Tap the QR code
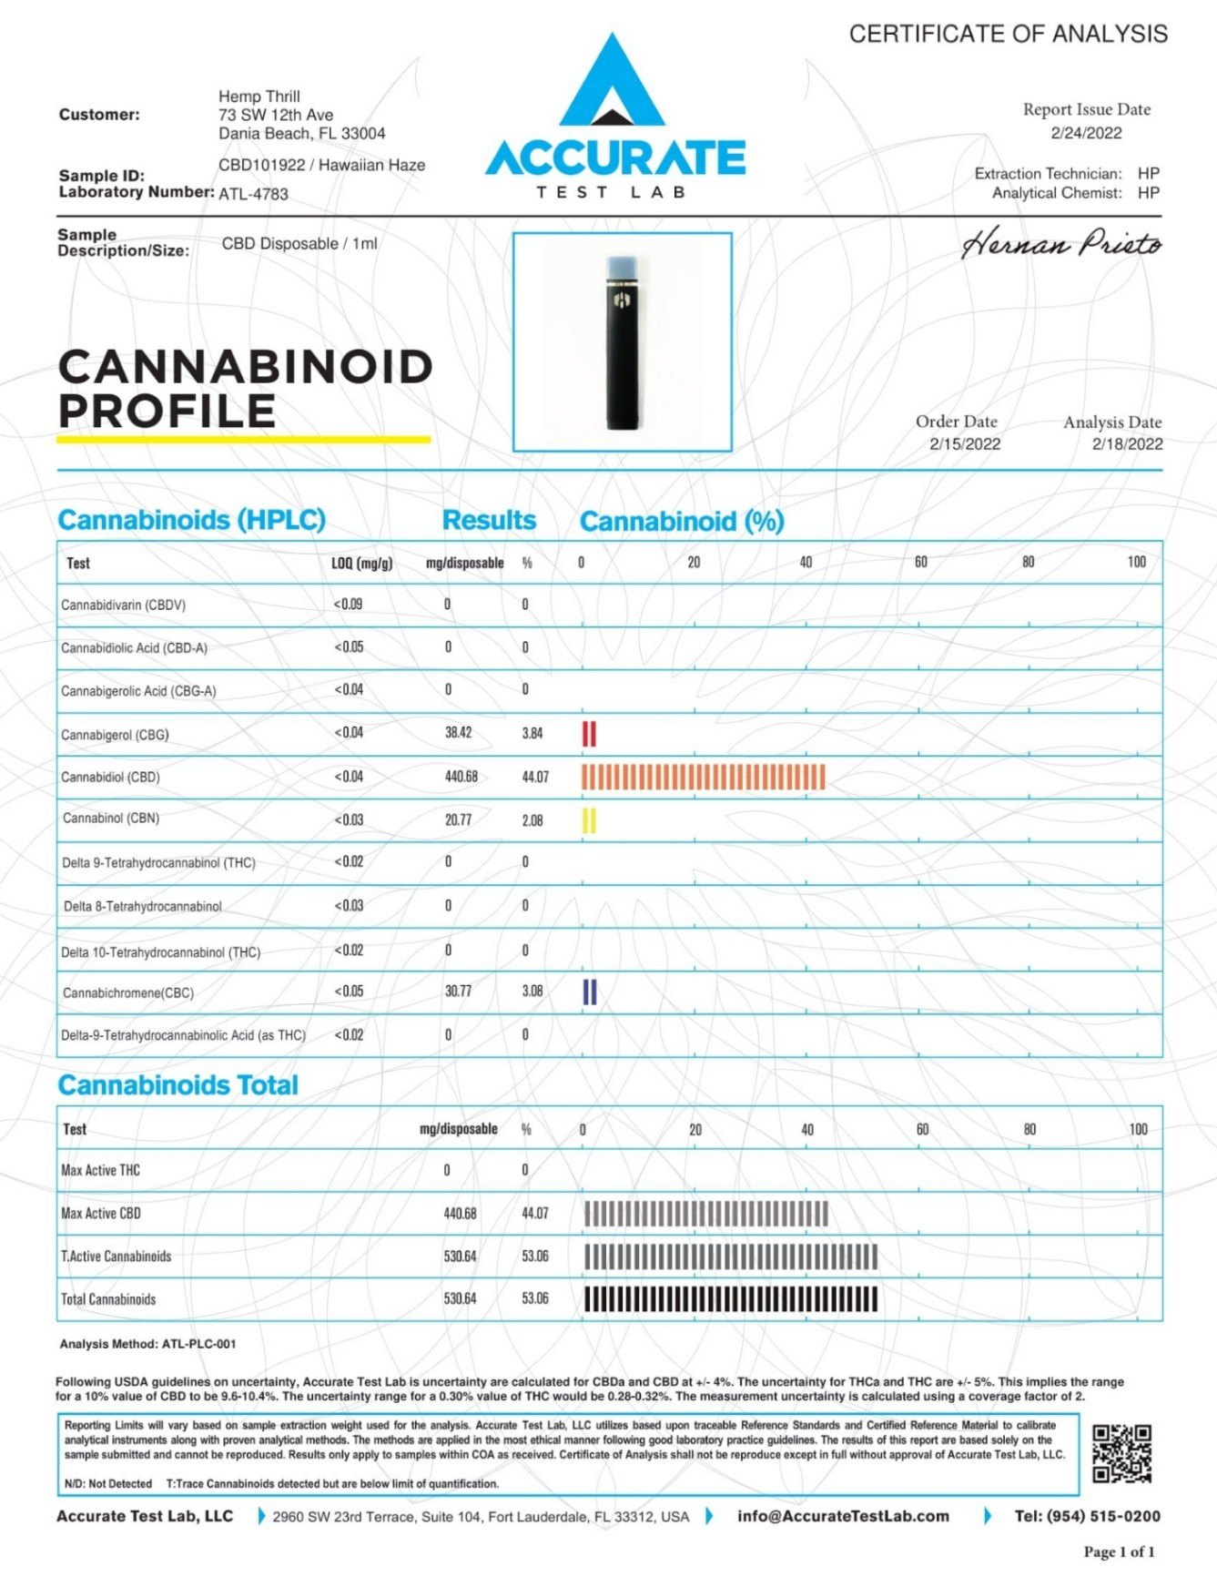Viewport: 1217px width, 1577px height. point(1121,1453)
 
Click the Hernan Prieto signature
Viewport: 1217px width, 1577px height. point(1060,244)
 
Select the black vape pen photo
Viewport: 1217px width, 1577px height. point(623,342)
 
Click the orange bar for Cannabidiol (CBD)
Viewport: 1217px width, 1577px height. point(703,777)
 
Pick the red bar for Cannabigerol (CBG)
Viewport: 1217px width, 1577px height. point(589,734)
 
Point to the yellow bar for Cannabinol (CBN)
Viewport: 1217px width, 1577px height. point(589,820)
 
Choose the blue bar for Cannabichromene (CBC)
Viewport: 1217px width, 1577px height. point(589,992)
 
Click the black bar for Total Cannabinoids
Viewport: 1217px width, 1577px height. point(730,1299)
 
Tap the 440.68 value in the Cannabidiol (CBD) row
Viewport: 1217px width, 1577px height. point(461,777)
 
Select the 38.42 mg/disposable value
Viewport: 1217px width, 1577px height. point(458,733)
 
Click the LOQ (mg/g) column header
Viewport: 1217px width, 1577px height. point(361,564)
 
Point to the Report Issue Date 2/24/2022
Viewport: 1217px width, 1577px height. point(1086,133)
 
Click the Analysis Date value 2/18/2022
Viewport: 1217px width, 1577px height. point(1127,444)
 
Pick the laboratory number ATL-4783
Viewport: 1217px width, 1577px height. point(253,194)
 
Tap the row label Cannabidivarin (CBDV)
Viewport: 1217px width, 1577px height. point(123,605)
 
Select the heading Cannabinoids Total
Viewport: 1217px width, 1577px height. point(177,1085)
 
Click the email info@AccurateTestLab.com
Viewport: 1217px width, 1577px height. point(843,1516)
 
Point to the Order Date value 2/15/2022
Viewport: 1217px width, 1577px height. point(965,444)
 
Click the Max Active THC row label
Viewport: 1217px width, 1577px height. point(100,1170)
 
